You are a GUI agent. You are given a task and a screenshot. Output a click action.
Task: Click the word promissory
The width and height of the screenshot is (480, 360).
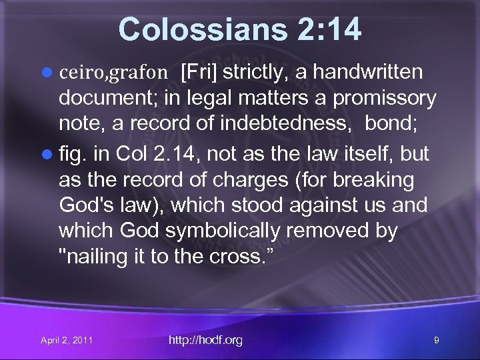pyautogui.click(x=385, y=99)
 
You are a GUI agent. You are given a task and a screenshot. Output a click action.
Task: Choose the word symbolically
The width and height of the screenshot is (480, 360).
pyautogui.click(x=233, y=231)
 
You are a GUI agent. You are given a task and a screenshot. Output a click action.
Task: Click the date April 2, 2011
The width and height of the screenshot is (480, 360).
pyautogui.click(x=67, y=341)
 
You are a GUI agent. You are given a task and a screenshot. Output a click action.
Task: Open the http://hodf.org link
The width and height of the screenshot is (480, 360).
pyautogui.click(x=205, y=341)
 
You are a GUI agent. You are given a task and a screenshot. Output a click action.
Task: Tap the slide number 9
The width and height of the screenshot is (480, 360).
pyautogui.click(x=436, y=341)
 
